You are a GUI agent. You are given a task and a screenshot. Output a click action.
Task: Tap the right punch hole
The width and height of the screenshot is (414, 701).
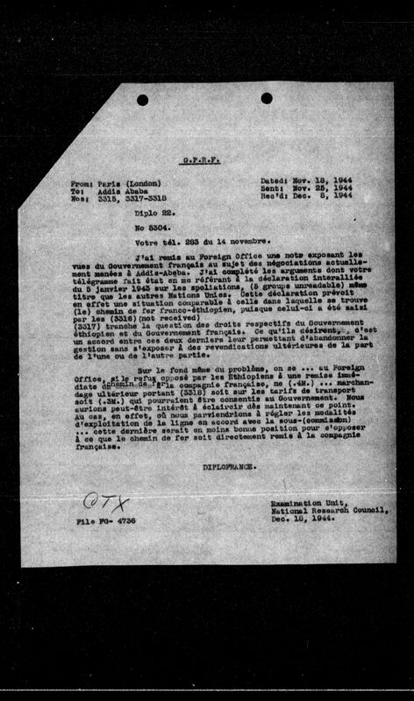pos(267,98)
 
